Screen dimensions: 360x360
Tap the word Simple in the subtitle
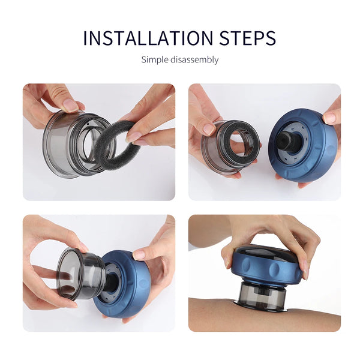pyautogui.click(x=154, y=59)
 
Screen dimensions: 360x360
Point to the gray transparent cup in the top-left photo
pyautogui.click(x=66, y=144)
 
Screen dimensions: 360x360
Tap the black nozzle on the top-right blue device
pyautogui.click(x=289, y=142)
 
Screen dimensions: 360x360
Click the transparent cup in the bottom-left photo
pyautogui.click(x=78, y=274)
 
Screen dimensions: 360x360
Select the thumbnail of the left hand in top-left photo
pyautogui.click(x=70, y=105)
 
